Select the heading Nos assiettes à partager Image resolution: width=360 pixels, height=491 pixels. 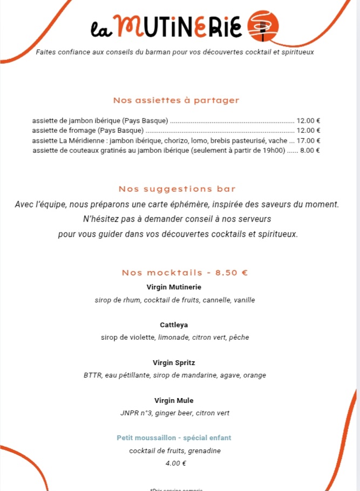(x=176, y=100)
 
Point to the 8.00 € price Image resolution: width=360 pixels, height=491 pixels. (x=310, y=151)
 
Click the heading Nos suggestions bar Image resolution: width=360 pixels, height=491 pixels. (x=177, y=189)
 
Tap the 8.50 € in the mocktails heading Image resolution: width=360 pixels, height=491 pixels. (x=232, y=273)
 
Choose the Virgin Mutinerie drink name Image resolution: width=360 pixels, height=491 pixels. (x=174, y=287)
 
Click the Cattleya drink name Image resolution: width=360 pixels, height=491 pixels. (x=174, y=325)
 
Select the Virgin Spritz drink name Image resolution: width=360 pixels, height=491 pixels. (x=174, y=362)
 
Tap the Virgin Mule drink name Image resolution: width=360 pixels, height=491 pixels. (x=174, y=400)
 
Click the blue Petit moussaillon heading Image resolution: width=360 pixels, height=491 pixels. (x=174, y=438)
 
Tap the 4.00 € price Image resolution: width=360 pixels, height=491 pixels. (x=176, y=463)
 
